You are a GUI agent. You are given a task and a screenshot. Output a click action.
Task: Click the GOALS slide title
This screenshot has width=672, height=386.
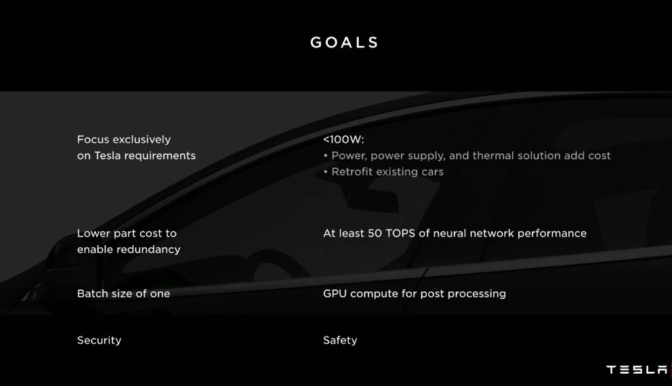click(345, 43)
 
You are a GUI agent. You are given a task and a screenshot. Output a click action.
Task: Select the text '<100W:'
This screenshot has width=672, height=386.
click(343, 140)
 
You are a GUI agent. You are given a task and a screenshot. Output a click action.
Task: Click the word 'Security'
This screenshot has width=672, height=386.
click(99, 340)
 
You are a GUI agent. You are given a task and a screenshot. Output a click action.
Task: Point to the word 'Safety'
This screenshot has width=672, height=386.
click(340, 340)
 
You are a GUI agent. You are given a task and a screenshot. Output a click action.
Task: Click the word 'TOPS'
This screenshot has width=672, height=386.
click(394, 233)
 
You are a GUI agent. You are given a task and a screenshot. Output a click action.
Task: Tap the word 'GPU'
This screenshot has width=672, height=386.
click(335, 293)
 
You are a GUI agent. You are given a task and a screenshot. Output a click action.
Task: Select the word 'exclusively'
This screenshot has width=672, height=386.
click(141, 139)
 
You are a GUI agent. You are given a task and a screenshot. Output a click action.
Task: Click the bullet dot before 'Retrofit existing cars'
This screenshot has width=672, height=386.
click(325, 172)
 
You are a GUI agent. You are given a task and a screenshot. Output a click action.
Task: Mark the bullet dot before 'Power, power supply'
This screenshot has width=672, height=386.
click(325, 156)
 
